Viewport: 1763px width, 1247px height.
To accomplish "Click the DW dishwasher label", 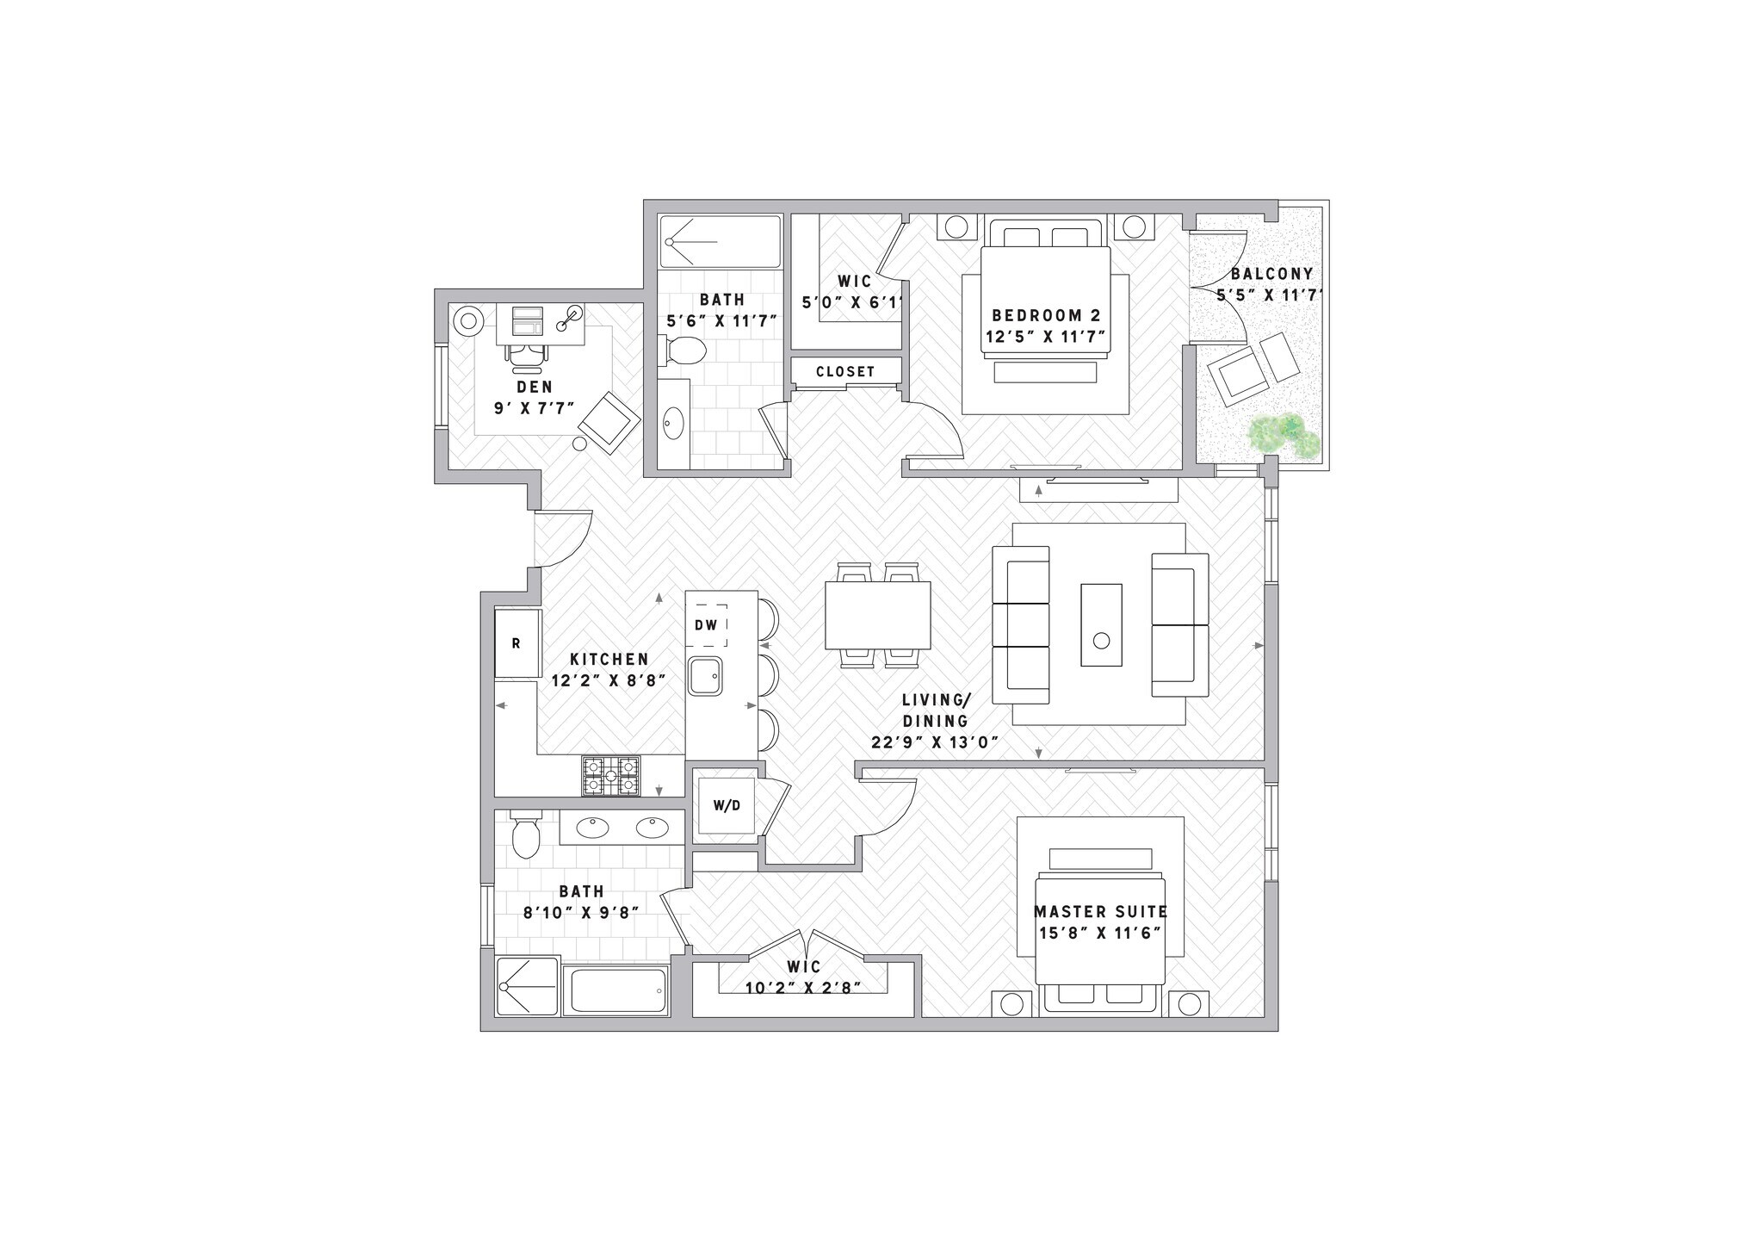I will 706,625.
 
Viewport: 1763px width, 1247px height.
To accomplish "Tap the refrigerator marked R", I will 517,643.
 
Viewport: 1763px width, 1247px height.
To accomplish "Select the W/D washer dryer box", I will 727,806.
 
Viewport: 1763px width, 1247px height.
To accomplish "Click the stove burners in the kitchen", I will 611,775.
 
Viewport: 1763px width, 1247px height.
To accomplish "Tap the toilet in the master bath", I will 525,835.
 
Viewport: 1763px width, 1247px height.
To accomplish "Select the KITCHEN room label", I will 609,660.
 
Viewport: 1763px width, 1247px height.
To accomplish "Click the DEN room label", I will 535,388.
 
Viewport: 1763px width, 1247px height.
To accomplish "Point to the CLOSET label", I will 845,371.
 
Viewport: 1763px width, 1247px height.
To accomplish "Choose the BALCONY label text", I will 1271,274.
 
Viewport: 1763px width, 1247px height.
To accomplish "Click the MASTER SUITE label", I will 1100,911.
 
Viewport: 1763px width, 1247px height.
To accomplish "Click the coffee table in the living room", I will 1101,624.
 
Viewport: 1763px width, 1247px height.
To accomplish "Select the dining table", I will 877,616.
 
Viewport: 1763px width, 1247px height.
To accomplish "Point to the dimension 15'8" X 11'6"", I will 1100,933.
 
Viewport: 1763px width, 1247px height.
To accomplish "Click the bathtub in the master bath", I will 616,991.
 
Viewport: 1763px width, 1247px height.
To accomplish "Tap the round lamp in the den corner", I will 469,322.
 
